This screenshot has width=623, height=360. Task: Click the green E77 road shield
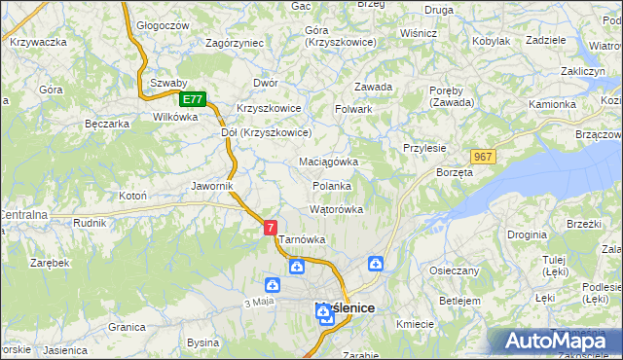click(x=193, y=99)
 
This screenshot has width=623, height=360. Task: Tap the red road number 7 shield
click(x=270, y=228)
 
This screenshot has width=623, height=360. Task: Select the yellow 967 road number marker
click(x=483, y=157)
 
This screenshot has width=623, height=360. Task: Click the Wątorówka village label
click(x=336, y=209)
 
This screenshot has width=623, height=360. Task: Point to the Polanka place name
click(x=332, y=186)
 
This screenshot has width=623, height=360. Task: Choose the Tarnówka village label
click(x=302, y=239)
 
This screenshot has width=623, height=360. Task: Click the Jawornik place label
click(x=211, y=185)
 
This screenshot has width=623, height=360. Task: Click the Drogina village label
click(x=526, y=235)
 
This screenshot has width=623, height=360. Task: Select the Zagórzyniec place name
click(x=235, y=43)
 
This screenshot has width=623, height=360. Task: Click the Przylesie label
click(x=424, y=148)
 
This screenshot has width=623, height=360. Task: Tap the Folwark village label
click(x=354, y=109)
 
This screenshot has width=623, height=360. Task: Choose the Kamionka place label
click(x=553, y=104)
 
